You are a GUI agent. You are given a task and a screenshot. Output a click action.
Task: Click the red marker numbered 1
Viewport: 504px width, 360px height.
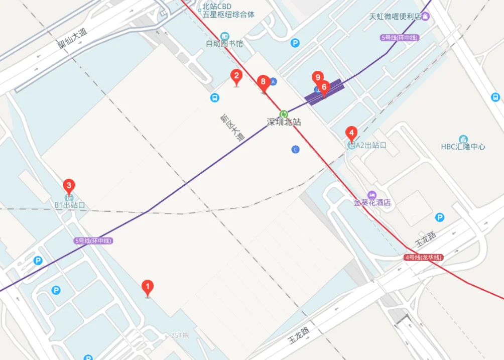(x=147, y=287)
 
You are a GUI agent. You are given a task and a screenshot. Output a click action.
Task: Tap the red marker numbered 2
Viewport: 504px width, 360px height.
(x=236, y=76)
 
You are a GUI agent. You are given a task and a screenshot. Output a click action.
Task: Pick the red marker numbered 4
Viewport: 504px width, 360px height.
(x=351, y=134)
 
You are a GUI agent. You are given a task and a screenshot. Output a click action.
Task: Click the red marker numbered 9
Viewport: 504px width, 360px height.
(x=317, y=78)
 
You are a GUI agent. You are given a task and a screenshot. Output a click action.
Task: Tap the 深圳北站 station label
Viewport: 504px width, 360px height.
(x=284, y=122)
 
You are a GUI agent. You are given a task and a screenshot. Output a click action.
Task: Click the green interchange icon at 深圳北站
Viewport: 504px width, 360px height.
(x=284, y=113)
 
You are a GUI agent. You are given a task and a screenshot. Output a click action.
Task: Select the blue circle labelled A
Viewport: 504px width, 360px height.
(x=274, y=81)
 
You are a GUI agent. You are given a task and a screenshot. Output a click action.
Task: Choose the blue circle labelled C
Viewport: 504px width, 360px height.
(x=296, y=149)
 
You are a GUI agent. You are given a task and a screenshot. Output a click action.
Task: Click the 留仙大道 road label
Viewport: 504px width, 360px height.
(x=72, y=38)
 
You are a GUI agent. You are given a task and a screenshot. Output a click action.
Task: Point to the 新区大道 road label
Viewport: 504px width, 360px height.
(x=231, y=128)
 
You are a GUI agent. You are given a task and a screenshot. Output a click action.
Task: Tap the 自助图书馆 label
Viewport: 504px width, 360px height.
(x=224, y=44)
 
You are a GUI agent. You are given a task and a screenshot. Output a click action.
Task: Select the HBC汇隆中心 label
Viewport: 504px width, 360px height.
(x=463, y=147)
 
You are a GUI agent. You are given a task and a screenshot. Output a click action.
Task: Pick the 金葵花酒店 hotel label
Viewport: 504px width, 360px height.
(x=372, y=203)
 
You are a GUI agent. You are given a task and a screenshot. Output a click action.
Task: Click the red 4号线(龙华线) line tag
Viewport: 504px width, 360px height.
(x=423, y=258)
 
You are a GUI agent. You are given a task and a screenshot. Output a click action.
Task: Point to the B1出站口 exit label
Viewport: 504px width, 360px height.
(x=70, y=205)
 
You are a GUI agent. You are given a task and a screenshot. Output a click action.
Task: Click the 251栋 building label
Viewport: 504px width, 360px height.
(x=179, y=335)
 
